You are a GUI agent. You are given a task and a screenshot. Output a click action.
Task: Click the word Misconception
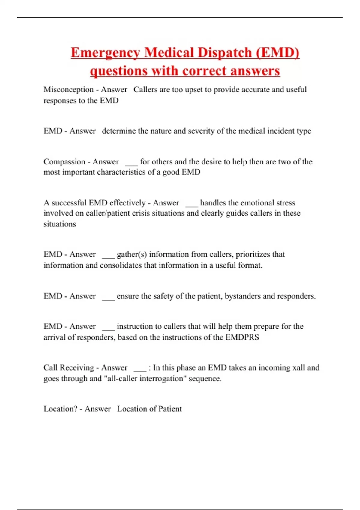click(69, 90)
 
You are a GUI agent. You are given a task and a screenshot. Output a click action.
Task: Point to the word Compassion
click(64, 162)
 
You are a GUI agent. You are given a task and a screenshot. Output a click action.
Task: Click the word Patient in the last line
click(170, 409)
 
